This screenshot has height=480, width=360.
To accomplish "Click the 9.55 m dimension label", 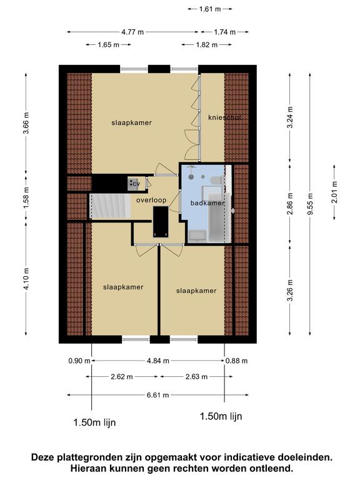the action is pyautogui.click(x=310, y=204).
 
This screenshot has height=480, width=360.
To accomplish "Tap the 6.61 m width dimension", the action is pyautogui.click(x=157, y=395).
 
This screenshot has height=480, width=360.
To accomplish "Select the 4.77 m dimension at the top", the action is pyautogui.click(x=132, y=32).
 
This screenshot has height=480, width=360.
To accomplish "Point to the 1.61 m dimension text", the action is pyautogui.click(x=210, y=9).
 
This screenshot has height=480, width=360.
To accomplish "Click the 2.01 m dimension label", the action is pyautogui.click(x=334, y=192).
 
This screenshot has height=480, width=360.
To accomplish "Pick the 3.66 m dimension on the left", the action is pyautogui.click(x=26, y=122).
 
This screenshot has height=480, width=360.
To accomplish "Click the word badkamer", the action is pyautogui.click(x=207, y=203).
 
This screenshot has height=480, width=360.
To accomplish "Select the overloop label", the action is pyautogui.click(x=151, y=200).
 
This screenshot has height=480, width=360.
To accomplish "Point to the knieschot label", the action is pyautogui.click(x=225, y=117).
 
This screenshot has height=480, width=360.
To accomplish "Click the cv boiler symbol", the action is pyautogui.click(x=134, y=184).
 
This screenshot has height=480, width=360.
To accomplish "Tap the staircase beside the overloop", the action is pyautogui.click(x=110, y=206).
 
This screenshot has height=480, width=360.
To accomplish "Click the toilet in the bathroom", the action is pyautogui.click(x=216, y=180).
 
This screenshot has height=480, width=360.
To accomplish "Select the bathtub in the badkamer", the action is pyautogui.click(x=219, y=218).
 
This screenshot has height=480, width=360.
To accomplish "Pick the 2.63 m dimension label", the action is pyautogui.click(x=196, y=377).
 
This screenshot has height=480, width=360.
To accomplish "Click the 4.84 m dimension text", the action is pyautogui.click(x=158, y=361).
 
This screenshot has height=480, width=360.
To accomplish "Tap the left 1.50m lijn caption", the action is pyautogui.click(x=94, y=422).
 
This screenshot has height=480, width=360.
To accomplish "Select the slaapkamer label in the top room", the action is pyautogui.click(x=131, y=122).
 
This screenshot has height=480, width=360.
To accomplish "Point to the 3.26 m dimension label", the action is pyautogui.click(x=290, y=291).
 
